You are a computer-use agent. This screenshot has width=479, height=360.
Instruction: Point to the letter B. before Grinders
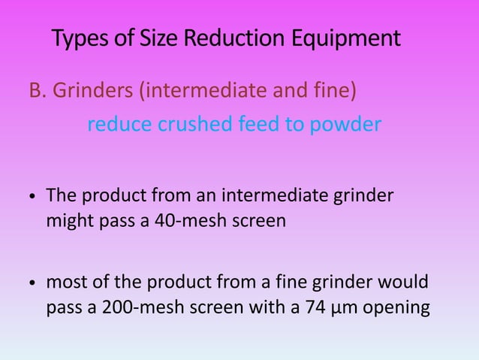click(37, 91)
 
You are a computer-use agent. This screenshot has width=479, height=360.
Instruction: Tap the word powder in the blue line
click(346, 124)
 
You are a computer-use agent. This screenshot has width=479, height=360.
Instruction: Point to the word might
click(67, 222)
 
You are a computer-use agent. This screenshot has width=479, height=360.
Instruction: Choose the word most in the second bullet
click(66, 285)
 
